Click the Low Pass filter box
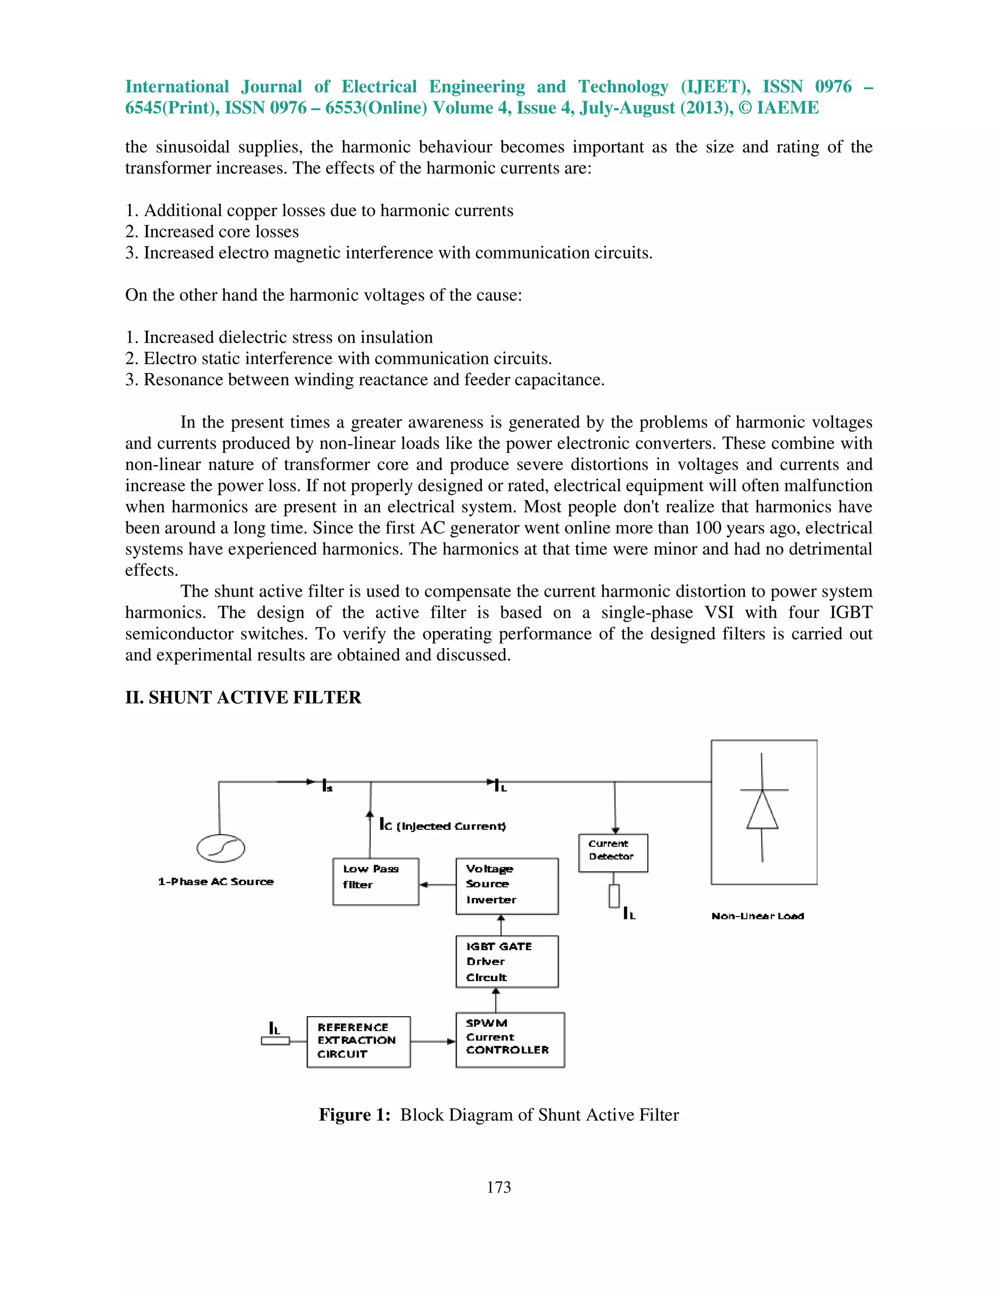coord(375,881)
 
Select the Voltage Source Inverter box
coord(507,885)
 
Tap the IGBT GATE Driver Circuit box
coord(507,961)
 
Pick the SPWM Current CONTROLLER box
coord(510,1039)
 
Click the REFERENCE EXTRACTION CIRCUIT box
coord(358,1042)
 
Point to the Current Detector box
coord(613,852)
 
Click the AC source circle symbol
coord(220,848)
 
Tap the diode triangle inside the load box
coord(761,810)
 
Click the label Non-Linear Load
coord(757,916)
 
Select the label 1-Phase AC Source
coord(216,881)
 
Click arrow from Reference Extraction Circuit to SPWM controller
coord(433,1041)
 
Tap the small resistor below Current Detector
coord(614,896)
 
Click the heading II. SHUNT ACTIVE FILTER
coord(242,698)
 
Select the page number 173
coord(499,1187)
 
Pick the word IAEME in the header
coord(787,108)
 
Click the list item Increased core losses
coord(221,231)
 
